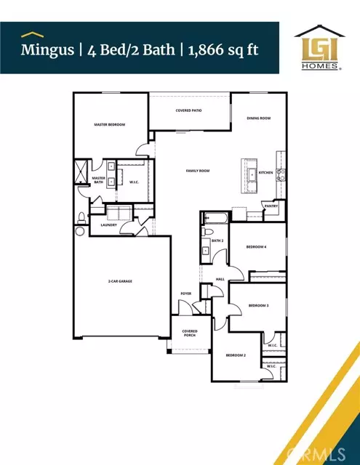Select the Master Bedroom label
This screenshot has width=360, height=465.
pos(110,125)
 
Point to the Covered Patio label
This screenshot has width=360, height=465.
pos(188,110)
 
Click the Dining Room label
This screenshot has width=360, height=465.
pos(258,118)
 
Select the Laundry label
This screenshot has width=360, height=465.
pos(109,225)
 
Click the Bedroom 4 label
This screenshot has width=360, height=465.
pos(255,247)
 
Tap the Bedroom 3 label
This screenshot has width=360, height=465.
pos(257,305)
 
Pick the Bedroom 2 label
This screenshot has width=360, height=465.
pos(236,355)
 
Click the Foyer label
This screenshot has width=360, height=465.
pos(186,294)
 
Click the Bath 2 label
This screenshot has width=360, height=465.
pos(216,240)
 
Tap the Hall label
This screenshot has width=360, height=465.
pos(220,278)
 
